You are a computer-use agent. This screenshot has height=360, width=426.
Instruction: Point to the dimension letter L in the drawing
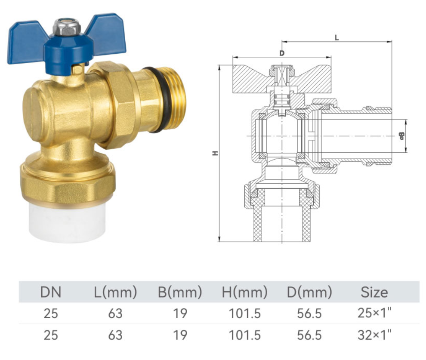pos(337,37)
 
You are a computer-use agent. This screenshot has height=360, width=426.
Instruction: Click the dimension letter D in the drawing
pos(282,53)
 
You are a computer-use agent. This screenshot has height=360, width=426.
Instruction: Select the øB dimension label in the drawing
pos(401,136)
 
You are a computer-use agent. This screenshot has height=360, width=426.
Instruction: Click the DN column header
pos(51,292)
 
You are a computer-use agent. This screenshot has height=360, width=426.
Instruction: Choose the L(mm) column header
pos(115,292)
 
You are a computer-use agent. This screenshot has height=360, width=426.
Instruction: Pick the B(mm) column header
pos(180,292)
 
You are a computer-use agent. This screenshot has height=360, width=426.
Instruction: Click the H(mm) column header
pos(244,292)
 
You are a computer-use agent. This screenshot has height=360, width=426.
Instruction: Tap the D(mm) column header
pos(309,292)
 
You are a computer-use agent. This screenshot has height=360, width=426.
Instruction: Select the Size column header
pos(374,292)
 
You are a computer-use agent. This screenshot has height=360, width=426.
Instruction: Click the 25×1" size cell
pos(374,313)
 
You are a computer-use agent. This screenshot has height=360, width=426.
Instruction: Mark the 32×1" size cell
pos(374,335)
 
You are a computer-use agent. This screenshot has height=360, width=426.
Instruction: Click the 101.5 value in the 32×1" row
pos(244,335)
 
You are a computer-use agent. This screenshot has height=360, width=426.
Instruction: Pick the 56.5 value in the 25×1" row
pos(309,314)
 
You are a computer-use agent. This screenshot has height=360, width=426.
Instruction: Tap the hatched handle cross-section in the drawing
pos(250,80)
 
